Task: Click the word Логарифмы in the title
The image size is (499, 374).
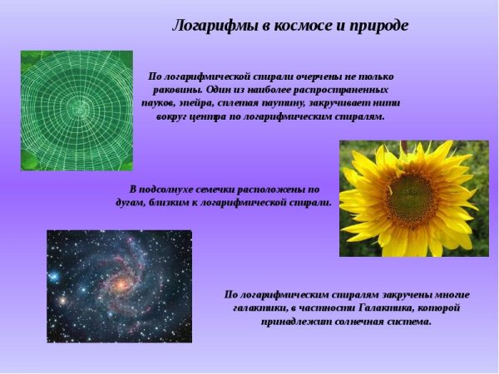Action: (207, 25)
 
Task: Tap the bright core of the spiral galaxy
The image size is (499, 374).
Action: (121, 285)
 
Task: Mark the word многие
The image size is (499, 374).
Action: (450, 294)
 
